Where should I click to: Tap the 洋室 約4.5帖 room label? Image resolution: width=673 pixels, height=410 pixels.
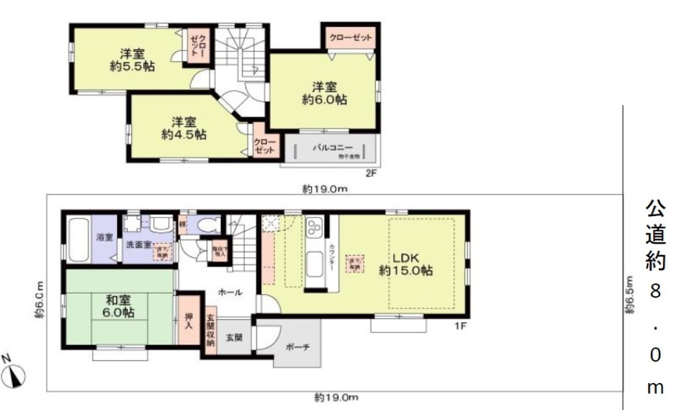point(183,128)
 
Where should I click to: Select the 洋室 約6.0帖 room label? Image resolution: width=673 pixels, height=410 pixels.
point(324,93)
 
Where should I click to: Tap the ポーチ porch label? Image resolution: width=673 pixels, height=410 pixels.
point(297,347)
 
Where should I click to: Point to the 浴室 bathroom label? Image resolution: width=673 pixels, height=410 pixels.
point(104,237)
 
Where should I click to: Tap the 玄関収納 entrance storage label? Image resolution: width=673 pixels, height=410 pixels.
point(210,331)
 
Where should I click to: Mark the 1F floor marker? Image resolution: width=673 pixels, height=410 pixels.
point(460,327)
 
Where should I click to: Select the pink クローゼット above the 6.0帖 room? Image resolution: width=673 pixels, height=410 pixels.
point(351,38)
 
